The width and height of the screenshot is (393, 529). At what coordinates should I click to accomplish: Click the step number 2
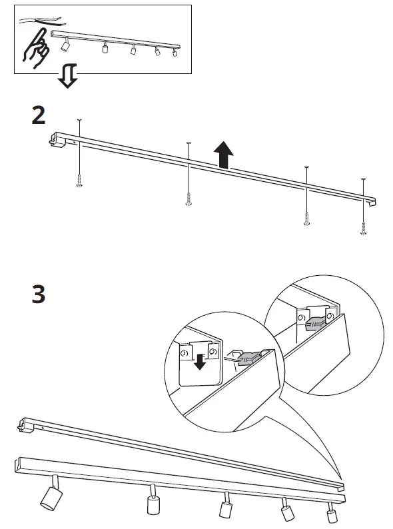[39, 115]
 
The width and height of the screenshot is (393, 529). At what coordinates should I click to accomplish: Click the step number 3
[39, 294]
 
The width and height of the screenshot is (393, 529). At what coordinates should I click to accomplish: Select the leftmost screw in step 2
[79, 180]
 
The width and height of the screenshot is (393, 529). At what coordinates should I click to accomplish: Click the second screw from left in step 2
[188, 199]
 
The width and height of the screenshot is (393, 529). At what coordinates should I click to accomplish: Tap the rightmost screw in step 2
[363, 227]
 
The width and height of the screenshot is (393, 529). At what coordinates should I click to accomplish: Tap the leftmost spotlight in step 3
[48, 496]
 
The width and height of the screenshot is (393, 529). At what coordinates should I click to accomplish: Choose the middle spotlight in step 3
[225, 507]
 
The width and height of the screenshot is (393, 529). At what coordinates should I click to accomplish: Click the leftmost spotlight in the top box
[65, 45]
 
